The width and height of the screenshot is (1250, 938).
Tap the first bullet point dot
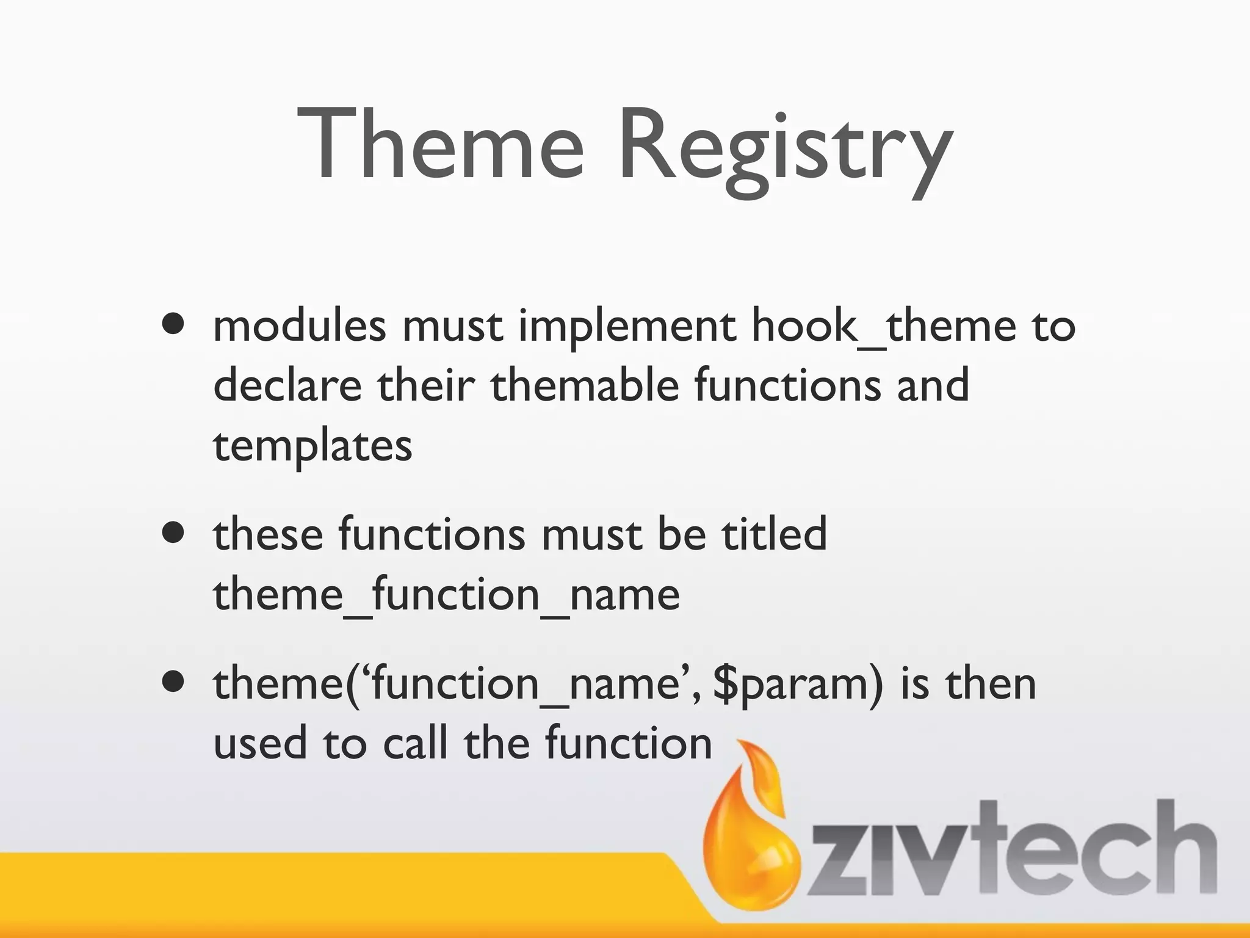click(x=173, y=325)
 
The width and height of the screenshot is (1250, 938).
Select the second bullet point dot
click(x=173, y=533)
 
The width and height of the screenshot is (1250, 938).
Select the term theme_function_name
click(x=446, y=594)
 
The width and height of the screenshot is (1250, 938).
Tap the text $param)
click(x=798, y=684)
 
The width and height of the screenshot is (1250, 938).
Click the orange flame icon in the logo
click(x=751, y=837)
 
